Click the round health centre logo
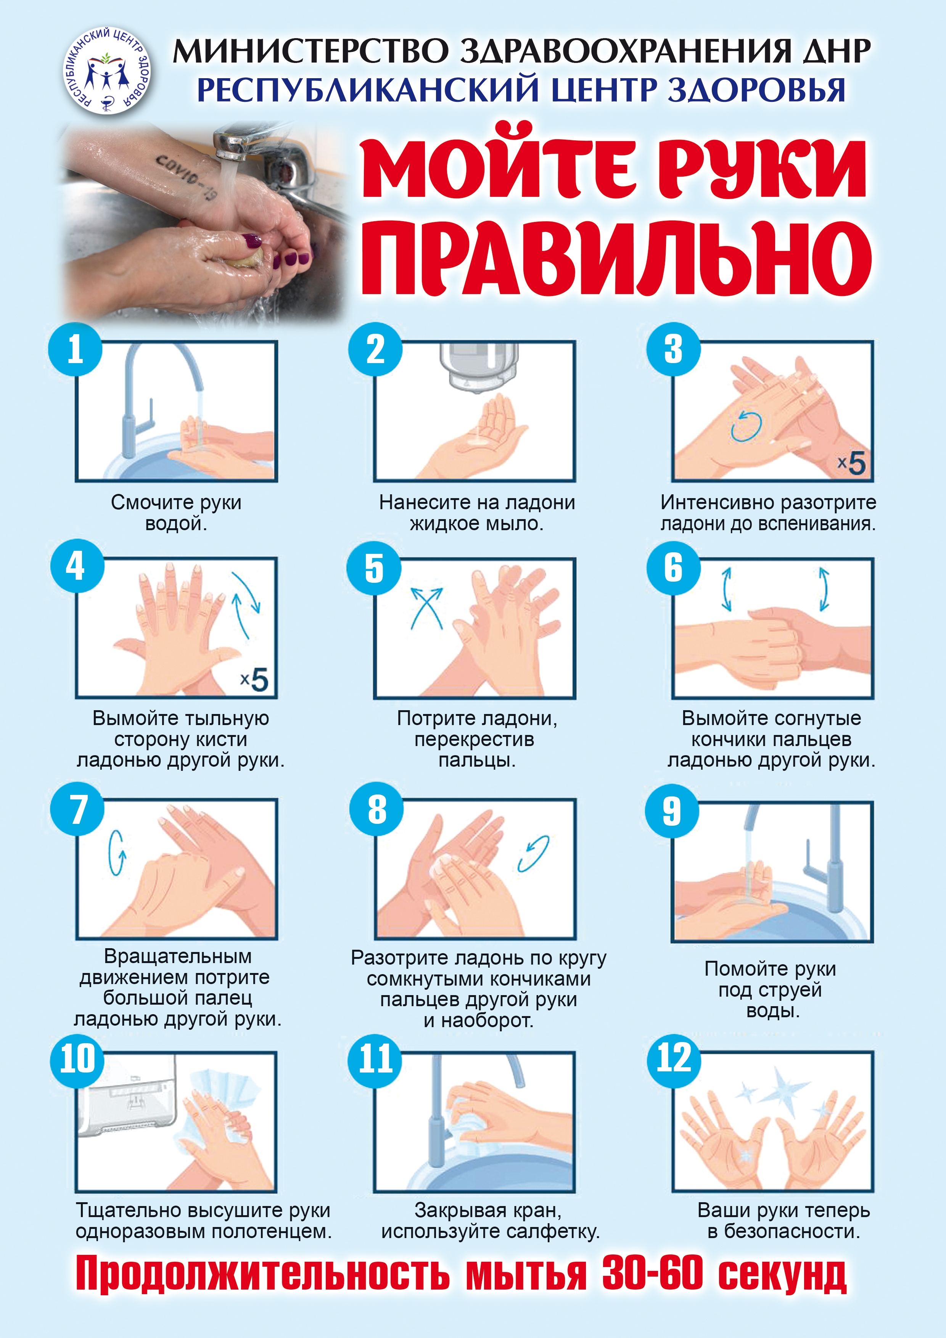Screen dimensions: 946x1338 pyautogui.click(x=107, y=71)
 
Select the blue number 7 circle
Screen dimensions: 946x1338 pyautogui.click(x=77, y=809)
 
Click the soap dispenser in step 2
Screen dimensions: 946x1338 pyautogui.click(x=478, y=365)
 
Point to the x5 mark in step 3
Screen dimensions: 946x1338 pyautogui.click(x=851, y=463)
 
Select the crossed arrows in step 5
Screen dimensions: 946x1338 pyautogui.click(x=427, y=608)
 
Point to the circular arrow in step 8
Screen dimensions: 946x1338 pyautogui.click(x=533, y=854)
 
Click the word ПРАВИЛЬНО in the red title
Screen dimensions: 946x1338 pyautogui.click(x=616, y=257)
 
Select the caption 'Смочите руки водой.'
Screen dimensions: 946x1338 pyautogui.click(x=176, y=513)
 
